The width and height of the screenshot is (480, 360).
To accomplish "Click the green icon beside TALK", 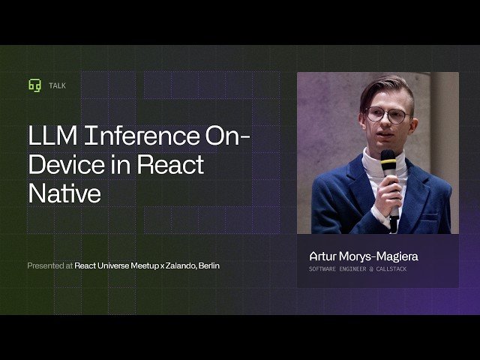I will [x=34, y=85].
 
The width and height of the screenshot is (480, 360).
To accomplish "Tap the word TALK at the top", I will [x=57, y=85].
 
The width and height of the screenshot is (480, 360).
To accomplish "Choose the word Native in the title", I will [x=64, y=193].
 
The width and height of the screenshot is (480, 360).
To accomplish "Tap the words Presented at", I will [x=49, y=265].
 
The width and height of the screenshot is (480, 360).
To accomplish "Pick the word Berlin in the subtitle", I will [x=208, y=265].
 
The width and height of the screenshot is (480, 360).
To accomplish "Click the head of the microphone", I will [x=388, y=160].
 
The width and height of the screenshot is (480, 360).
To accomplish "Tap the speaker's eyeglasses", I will [x=386, y=115].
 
